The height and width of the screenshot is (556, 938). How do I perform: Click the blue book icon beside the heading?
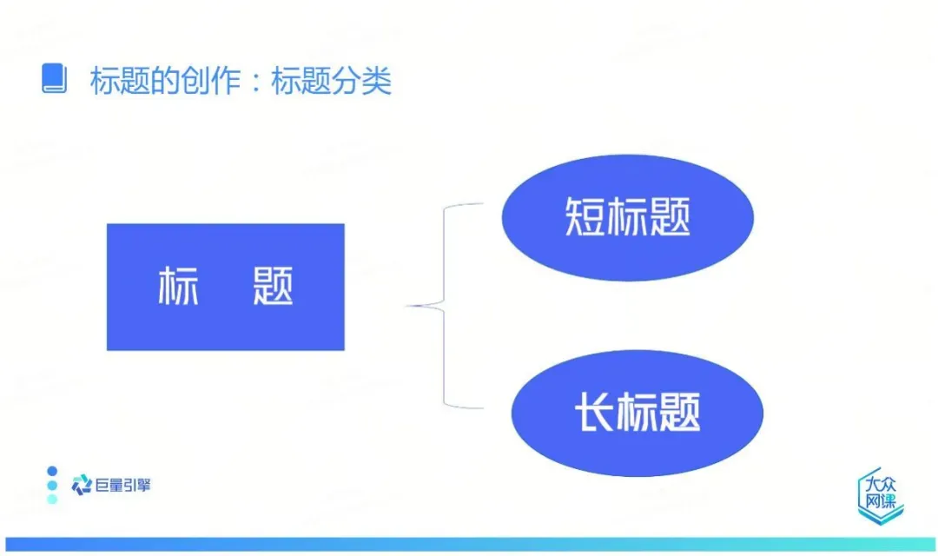click(54, 79)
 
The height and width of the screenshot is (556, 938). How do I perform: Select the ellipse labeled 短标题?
click(627, 217)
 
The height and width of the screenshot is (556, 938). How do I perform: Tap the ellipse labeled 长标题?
click(637, 412)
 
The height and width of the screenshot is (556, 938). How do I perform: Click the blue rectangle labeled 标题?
click(225, 287)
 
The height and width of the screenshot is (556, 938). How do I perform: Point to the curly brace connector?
click(446, 305)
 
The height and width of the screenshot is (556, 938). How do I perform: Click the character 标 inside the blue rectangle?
click(178, 287)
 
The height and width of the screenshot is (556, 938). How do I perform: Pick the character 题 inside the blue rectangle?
click(273, 287)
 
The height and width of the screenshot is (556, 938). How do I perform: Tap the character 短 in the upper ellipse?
click(585, 217)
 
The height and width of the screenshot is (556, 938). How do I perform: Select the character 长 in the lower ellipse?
click(594, 412)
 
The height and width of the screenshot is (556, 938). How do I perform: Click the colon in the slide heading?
click(256, 81)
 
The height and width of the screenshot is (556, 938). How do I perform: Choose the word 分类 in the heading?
click(362, 81)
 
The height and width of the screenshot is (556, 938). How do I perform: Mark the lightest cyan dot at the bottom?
click(52, 499)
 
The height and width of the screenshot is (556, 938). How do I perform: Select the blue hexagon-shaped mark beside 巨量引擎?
click(82, 485)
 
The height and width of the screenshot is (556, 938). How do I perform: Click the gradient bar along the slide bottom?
click(469, 544)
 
